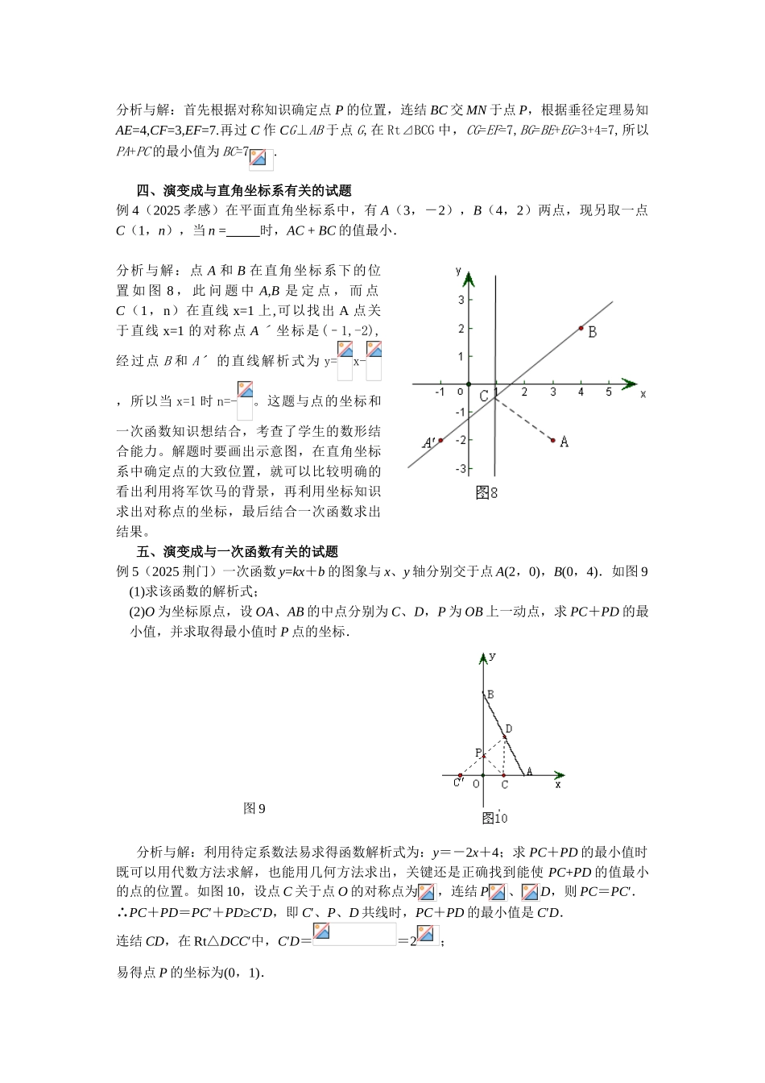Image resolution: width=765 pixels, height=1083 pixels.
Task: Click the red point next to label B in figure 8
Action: click(581, 328)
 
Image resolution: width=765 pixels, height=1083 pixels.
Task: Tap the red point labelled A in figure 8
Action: click(553, 440)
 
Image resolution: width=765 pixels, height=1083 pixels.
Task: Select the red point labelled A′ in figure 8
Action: click(440, 440)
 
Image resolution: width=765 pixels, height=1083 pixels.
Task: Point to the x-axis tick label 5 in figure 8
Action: click(609, 392)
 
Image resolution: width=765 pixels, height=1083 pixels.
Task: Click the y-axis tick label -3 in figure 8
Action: click(461, 469)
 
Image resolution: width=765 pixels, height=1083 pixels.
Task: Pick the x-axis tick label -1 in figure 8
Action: click(440, 392)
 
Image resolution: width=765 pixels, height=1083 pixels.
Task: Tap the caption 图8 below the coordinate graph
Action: click(486, 492)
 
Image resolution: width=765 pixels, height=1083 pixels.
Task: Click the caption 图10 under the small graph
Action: click(494, 818)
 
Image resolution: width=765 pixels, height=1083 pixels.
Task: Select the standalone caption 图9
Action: click(254, 808)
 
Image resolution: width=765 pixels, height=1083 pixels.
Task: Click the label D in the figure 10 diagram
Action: click(509, 729)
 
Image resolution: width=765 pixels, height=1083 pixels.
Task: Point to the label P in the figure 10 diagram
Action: click(478, 753)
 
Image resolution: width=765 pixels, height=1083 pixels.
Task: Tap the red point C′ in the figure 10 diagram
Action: click(460, 776)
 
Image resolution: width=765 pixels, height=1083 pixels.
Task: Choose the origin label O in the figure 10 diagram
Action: click(476, 783)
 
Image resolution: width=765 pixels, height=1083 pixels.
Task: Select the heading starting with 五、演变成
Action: click(238, 552)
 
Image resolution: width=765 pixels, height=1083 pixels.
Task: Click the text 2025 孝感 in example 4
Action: click(188, 211)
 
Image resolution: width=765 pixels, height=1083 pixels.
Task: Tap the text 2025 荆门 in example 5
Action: click(188, 572)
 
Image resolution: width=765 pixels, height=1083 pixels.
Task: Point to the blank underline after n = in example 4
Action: click(243, 231)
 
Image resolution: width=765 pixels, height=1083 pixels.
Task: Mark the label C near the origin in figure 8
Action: click(484, 396)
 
